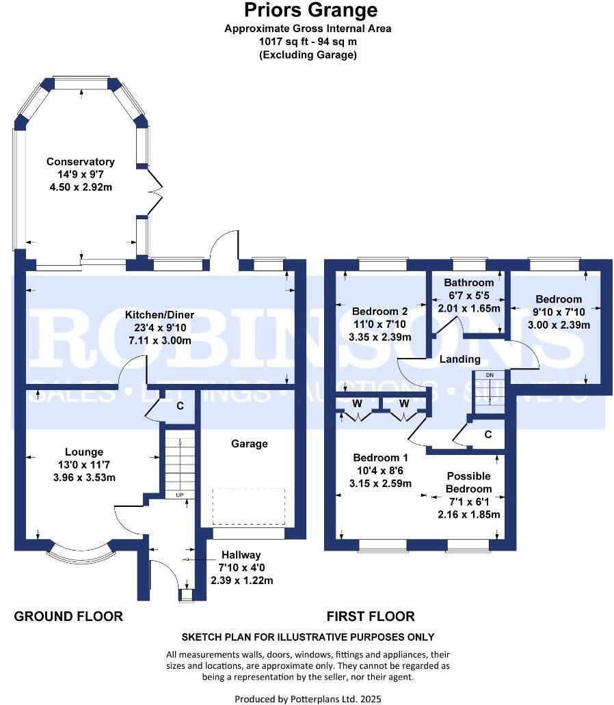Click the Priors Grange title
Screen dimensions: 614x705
tap(310, 10)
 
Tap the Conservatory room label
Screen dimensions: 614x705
tap(81, 161)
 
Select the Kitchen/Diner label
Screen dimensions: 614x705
tap(160, 315)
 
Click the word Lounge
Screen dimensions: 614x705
tap(84, 452)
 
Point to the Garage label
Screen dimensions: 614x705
tap(250, 444)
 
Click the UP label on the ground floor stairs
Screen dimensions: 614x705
tap(180, 495)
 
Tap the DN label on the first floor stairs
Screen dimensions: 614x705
tap(490, 375)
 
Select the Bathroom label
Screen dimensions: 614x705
tap(468, 282)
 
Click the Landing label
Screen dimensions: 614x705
tap(459, 359)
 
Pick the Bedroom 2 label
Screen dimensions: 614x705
tap(380, 311)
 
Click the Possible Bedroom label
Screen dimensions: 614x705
tap(468, 482)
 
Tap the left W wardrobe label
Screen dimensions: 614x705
tap(358, 403)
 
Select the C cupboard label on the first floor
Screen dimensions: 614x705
tap(488, 434)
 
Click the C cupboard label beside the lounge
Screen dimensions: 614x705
tap(180, 406)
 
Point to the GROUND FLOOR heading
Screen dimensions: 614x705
tap(68, 616)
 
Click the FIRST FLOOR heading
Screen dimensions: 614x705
tap(371, 616)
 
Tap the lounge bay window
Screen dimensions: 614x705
tap(81, 555)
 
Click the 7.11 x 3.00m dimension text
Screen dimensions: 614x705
tap(160, 341)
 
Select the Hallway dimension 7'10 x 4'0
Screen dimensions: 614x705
tap(242, 568)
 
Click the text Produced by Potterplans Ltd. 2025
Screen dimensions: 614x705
tap(308, 699)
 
